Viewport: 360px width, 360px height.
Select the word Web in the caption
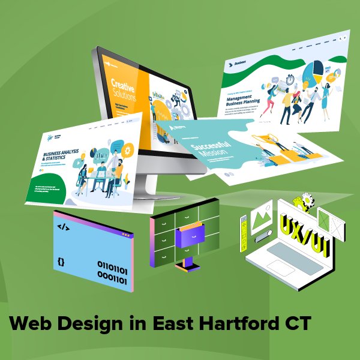tap(29, 325)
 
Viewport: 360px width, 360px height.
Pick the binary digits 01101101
tap(112, 265)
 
